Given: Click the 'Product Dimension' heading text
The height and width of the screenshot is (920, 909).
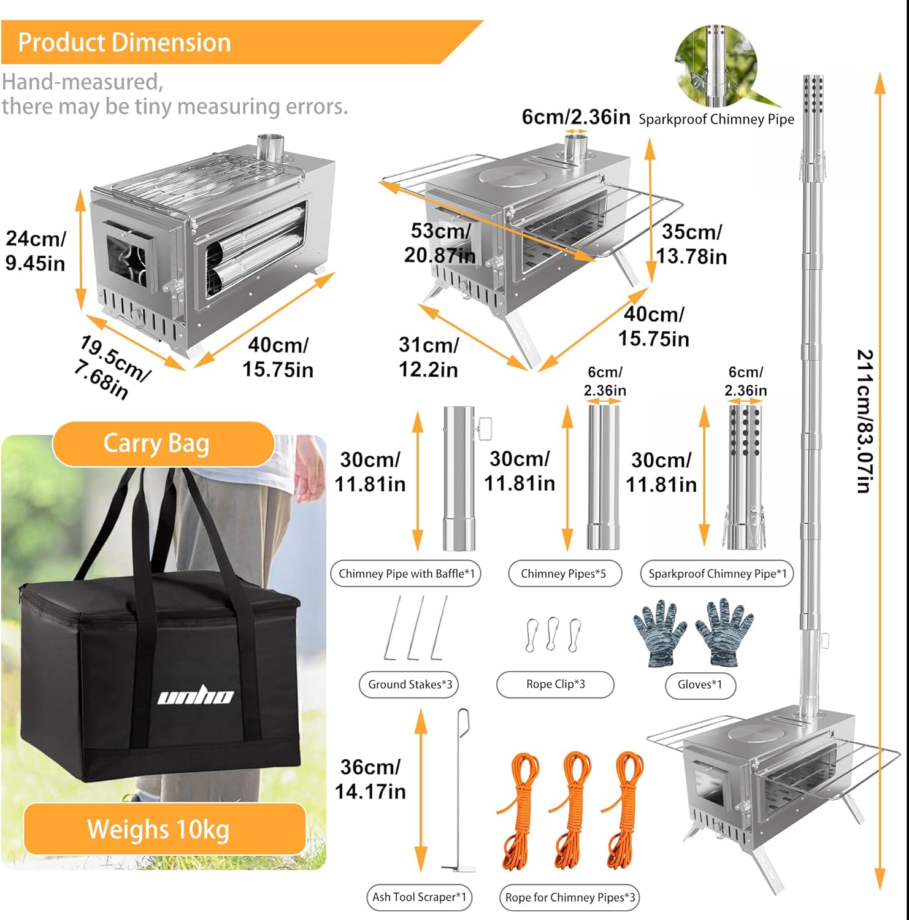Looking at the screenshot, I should pyautogui.click(x=125, y=42).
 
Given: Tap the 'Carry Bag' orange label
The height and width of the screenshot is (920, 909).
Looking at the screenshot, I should pyautogui.click(x=156, y=443).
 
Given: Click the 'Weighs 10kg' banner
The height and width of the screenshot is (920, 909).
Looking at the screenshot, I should pyautogui.click(x=158, y=829).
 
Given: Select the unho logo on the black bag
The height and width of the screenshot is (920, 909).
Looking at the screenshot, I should pyautogui.click(x=196, y=696).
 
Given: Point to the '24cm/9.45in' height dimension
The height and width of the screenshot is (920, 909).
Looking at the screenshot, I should pyautogui.click(x=35, y=251).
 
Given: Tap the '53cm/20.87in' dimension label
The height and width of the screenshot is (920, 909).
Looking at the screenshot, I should pyautogui.click(x=440, y=243).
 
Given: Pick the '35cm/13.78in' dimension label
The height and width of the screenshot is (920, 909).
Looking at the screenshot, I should pyautogui.click(x=691, y=244).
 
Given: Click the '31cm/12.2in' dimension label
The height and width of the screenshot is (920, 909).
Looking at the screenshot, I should pyautogui.click(x=428, y=357).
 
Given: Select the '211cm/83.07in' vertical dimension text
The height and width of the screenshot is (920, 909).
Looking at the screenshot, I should pyautogui.click(x=864, y=421).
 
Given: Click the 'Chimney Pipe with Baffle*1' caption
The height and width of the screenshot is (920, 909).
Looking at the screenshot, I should pyautogui.click(x=407, y=574).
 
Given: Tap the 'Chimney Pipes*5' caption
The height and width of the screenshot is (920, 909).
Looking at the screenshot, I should pyautogui.click(x=563, y=574).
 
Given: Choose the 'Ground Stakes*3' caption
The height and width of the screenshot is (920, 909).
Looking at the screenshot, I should pyautogui.click(x=410, y=684).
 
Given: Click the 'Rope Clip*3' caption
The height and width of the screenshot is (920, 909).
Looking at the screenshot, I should pyautogui.click(x=555, y=684).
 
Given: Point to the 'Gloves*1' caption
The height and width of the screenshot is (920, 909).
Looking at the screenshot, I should pyautogui.click(x=699, y=684).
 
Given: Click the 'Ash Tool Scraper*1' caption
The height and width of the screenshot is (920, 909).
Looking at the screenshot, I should pyautogui.click(x=419, y=897).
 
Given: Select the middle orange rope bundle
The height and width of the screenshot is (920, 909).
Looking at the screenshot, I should pyautogui.click(x=572, y=810).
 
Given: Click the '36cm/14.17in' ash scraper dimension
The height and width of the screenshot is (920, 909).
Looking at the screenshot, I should pyautogui.click(x=370, y=779).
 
